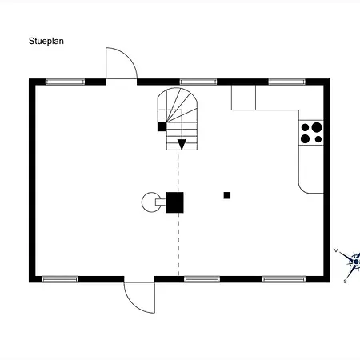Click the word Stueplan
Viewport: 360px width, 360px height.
[46, 42]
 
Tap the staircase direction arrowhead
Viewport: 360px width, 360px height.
[182, 144]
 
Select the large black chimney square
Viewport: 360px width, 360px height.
[174, 202]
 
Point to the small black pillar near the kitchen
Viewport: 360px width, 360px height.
[227, 195]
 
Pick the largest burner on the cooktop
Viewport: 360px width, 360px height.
[317, 127]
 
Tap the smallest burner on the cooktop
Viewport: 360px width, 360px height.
[318, 139]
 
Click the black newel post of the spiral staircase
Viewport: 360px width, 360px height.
[162, 126]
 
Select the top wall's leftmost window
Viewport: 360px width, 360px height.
[65, 82]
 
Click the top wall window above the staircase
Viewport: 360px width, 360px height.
[198, 82]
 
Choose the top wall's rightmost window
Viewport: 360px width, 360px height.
[286, 82]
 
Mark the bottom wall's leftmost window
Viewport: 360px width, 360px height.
[60, 279]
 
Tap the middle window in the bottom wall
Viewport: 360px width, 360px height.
[202, 279]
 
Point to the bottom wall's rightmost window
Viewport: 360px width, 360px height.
[284, 279]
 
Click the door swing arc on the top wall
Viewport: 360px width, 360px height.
[128, 56]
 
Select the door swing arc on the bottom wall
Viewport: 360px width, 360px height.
[133, 305]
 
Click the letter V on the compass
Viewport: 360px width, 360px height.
[336, 250]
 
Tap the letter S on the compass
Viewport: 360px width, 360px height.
[345, 281]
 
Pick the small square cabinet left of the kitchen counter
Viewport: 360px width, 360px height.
[243, 98]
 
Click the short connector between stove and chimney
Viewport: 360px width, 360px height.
[161, 202]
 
